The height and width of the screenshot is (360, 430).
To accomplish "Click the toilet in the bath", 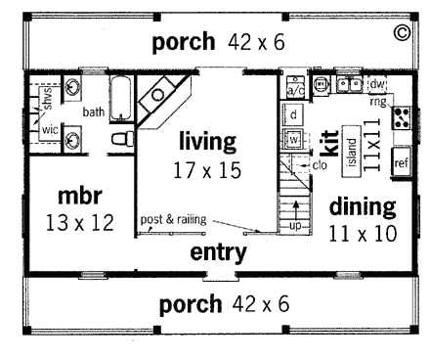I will [x=118, y=140].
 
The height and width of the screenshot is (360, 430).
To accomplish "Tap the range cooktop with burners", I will [x=400, y=118].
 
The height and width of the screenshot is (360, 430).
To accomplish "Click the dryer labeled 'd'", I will [x=293, y=115].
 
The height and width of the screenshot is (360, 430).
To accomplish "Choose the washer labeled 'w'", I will [x=293, y=139].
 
